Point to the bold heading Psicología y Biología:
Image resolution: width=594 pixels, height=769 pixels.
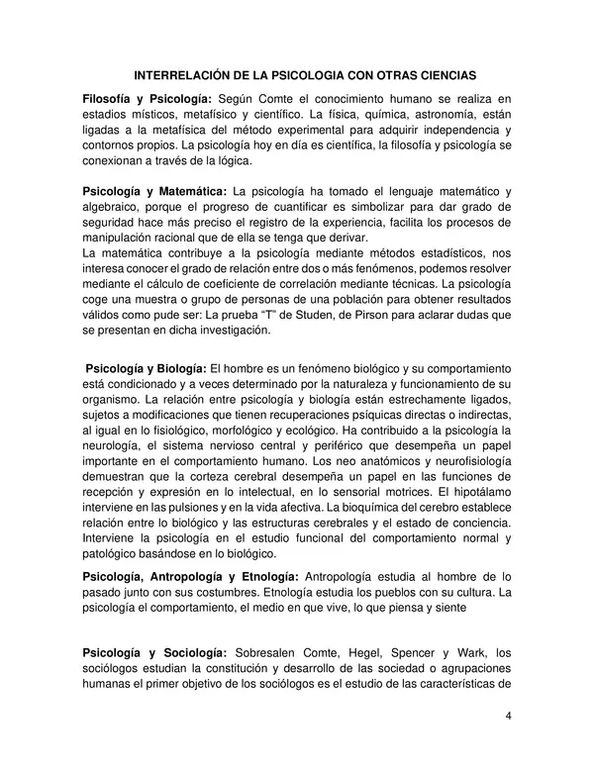pyautogui.click(x=148, y=368)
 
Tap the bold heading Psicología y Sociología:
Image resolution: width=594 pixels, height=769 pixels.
pyautogui.click(x=155, y=651)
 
